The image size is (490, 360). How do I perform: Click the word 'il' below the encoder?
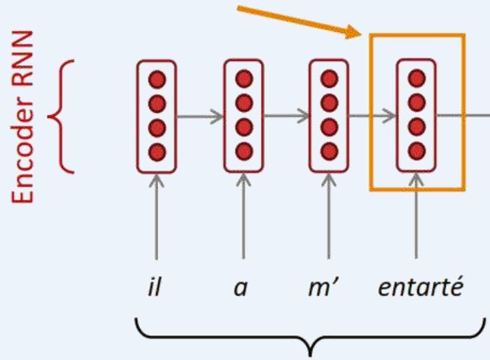[155, 288]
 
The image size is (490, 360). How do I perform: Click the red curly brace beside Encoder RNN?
[65, 117]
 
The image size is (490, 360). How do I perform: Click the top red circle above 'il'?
[157, 79]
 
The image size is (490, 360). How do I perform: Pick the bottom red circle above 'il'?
[157, 152]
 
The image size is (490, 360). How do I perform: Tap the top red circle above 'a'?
[243, 79]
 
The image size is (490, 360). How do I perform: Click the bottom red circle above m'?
[329, 152]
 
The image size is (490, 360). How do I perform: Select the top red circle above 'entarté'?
[416, 79]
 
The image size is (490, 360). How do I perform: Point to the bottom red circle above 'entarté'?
[416, 152]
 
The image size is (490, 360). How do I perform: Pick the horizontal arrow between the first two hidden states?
[200, 117]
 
